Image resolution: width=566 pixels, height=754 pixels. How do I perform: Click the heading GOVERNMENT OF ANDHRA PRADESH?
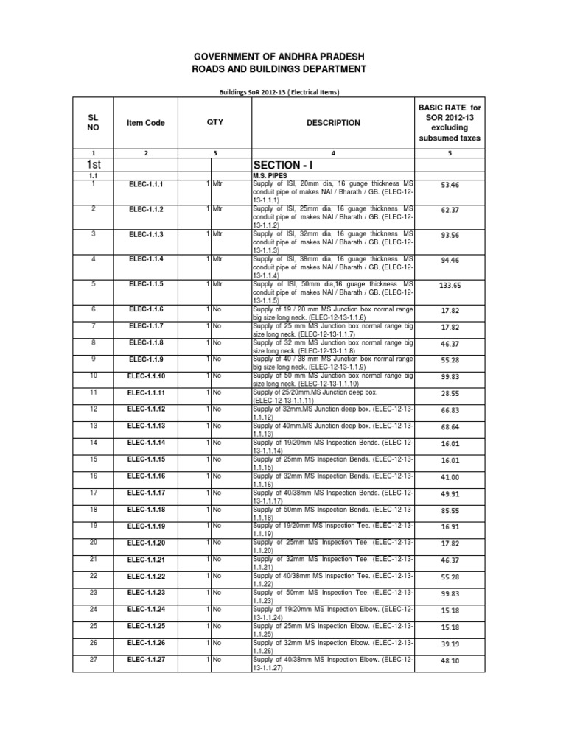click(283, 57)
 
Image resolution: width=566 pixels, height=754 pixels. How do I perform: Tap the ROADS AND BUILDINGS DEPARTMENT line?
click(283, 69)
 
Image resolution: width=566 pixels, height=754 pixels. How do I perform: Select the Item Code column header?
click(146, 123)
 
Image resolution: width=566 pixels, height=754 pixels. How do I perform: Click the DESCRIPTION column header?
click(333, 123)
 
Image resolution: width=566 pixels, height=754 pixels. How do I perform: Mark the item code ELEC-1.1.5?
click(146, 283)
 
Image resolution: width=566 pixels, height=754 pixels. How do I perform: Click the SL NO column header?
click(93, 123)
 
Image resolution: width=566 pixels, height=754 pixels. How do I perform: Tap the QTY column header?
click(214, 123)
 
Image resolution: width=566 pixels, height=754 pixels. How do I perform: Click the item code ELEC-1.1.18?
click(146, 510)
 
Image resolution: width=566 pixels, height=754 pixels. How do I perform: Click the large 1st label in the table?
click(92, 164)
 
